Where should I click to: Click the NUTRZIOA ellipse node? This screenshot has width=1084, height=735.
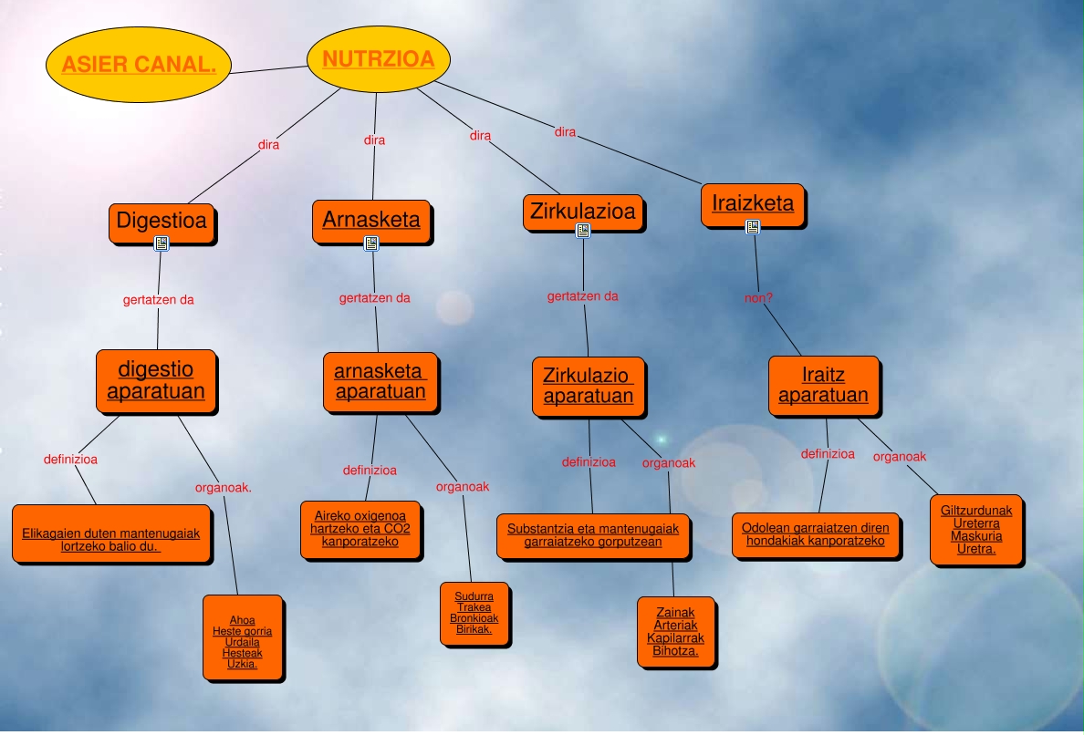[x=379, y=60]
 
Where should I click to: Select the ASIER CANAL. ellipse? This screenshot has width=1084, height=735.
[x=139, y=65]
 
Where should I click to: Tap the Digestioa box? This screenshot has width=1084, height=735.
[x=162, y=221]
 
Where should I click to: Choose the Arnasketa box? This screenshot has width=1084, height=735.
[x=371, y=220]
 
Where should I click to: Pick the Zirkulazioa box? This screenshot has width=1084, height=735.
[x=583, y=212]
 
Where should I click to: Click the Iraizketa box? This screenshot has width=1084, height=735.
[x=753, y=203]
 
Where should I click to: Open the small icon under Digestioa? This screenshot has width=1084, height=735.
[x=162, y=243]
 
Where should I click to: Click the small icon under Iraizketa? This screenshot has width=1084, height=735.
[x=753, y=227]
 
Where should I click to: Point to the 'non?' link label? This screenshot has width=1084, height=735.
[x=759, y=296]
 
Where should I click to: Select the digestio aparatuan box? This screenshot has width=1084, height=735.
[x=156, y=381]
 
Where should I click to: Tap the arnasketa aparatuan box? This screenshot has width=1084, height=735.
[x=380, y=382]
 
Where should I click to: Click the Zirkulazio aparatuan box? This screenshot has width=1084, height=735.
[x=589, y=386]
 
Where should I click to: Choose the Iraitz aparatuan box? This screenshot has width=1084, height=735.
[x=823, y=386]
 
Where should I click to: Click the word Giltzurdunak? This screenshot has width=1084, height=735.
[x=976, y=511]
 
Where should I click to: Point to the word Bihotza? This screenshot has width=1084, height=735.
[x=675, y=651]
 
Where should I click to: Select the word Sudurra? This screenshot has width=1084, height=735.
[x=474, y=596]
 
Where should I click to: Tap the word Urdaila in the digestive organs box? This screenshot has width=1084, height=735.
[x=242, y=642]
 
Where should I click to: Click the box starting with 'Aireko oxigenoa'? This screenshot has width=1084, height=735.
[x=360, y=529]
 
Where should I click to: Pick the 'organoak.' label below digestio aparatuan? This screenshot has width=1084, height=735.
[x=223, y=487]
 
